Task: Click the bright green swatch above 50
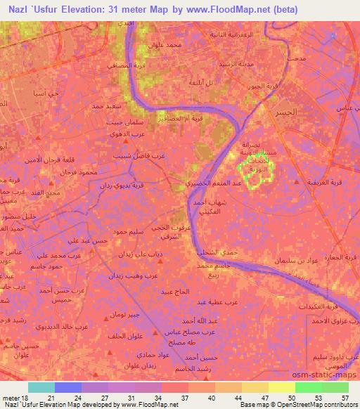tap(308, 387)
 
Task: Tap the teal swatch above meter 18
tap(41, 387)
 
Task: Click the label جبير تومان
tap(128, 315)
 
